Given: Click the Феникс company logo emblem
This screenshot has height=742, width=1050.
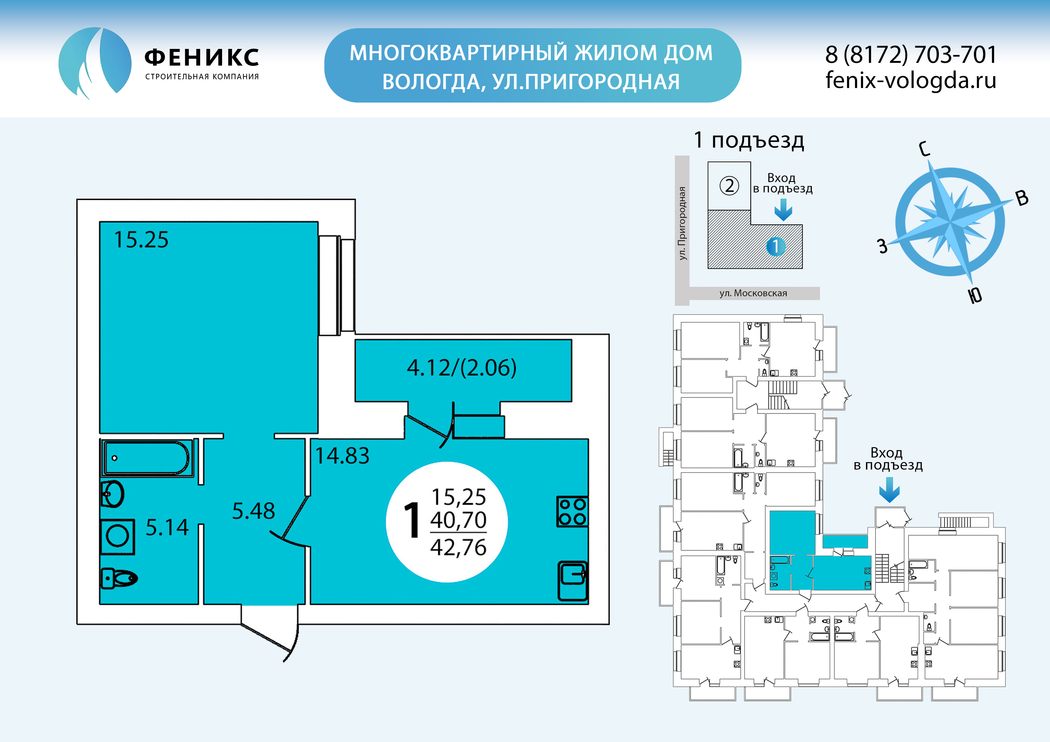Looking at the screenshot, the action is [95, 63].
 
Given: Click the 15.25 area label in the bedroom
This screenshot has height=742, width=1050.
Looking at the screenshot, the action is [141, 240].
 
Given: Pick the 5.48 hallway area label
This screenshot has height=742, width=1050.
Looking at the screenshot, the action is [253, 511].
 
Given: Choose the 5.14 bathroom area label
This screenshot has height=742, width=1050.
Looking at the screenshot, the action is [167, 527].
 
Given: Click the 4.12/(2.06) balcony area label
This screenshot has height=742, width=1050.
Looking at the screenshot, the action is [462, 368].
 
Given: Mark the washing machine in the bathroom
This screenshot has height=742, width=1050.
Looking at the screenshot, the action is [118, 536].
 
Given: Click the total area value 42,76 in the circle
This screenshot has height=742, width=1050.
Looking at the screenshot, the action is [458, 547].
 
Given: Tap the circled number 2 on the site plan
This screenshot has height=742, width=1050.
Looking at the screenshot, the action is [730, 186].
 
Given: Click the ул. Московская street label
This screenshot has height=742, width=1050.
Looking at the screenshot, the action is [753, 293].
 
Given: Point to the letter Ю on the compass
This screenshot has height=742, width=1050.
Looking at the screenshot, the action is [975, 295].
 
